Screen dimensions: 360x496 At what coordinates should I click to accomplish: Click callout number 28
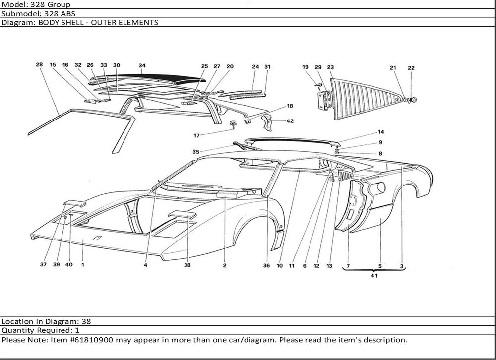click(39, 65)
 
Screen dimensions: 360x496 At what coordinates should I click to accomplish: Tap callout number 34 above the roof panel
click(142, 65)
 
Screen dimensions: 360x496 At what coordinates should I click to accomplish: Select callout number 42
click(290, 120)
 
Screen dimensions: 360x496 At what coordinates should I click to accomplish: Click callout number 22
click(411, 68)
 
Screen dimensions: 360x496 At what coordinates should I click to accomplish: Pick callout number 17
click(197, 135)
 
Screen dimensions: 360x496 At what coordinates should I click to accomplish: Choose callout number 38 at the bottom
click(187, 265)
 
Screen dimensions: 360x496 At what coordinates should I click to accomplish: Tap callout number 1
click(82, 265)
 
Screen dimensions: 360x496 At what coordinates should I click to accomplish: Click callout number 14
click(381, 132)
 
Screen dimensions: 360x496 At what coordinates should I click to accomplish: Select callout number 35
click(196, 152)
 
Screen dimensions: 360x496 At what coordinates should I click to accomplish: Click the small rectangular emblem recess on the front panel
click(98, 237)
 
